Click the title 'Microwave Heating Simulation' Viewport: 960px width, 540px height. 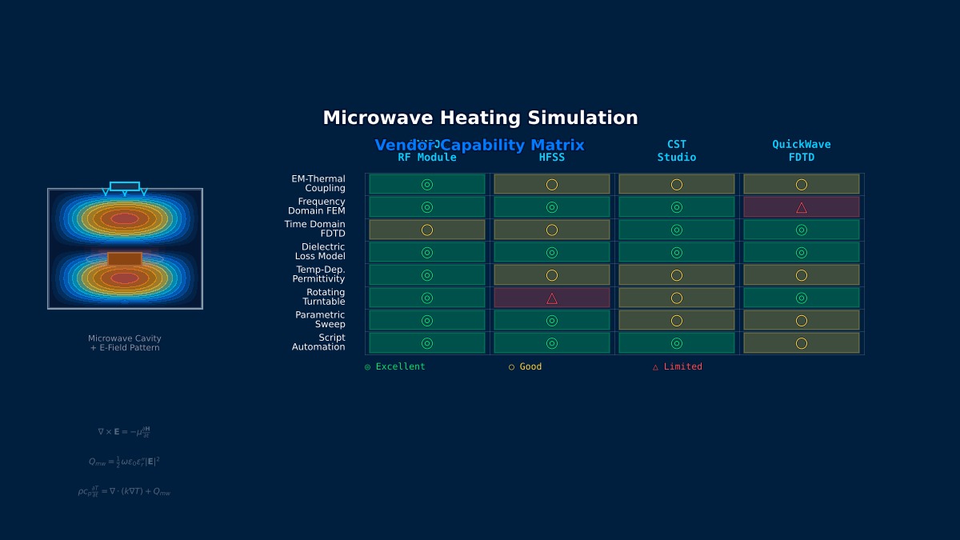coord(480,118)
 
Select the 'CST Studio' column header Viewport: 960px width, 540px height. coord(677,151)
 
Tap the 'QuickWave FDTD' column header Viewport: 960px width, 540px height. coord(802,151)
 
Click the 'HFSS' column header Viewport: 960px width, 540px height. coord(552,157)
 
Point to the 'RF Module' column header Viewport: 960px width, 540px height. coord(427,157)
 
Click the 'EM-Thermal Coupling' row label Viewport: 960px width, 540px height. coord(318,184)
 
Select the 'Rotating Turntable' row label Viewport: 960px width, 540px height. coord(324,298)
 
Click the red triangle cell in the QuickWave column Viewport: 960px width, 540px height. coord(802,207)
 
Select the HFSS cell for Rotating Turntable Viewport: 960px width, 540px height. coord(552,298)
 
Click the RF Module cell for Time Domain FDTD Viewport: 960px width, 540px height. coord(427,230)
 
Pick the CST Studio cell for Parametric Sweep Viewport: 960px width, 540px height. coord(677,321)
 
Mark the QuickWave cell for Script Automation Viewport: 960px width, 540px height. coord(802,343)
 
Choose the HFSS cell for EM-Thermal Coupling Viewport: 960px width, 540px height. coord(552,185)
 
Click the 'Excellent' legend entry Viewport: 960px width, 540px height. coord(395,367)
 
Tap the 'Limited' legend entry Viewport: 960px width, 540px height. coord(678,367)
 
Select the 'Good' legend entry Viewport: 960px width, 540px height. coord(526,367)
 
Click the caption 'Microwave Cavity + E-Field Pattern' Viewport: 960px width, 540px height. coord(125,343)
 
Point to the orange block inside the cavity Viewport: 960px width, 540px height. coord(125,259)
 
